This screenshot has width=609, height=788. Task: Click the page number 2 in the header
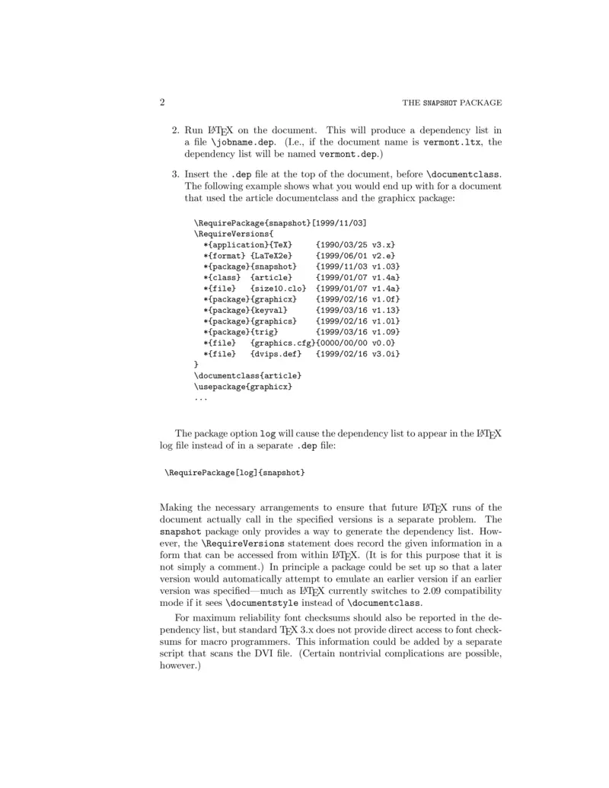(x=162, y=103)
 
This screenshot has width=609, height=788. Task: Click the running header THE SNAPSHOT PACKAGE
(x=451, y=104)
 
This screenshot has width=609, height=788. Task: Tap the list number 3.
(x=175, y=174)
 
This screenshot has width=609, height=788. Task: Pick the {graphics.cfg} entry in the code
(x=282, y=343)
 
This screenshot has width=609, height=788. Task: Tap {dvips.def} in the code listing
(x=276, y=354)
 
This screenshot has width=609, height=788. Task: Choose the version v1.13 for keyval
(x=385, y=311)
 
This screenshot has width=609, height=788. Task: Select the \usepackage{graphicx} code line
(x=243, y=387)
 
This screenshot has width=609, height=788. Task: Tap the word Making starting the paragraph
(x=177, y=508)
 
